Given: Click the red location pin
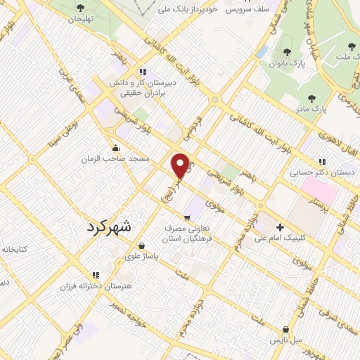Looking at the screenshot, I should coord(181,166).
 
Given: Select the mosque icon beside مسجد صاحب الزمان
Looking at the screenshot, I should coord(115,148).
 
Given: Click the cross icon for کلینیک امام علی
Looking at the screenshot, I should coord(280,227).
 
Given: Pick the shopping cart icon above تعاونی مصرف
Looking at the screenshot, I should coord(187,218).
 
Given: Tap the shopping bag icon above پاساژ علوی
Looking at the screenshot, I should coord(143,246).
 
